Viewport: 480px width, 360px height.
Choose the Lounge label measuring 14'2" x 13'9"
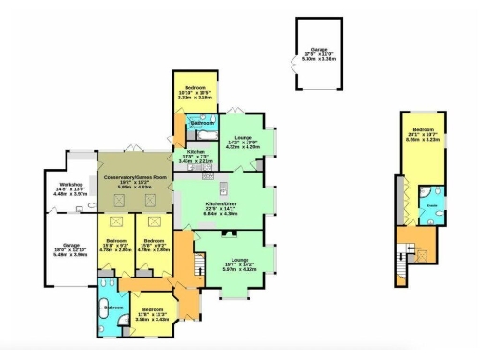(x=245, y=142)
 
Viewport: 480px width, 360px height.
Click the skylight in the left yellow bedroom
(x=117, y=222)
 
